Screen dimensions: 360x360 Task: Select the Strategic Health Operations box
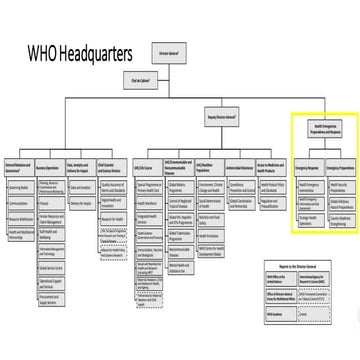[307, 214]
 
